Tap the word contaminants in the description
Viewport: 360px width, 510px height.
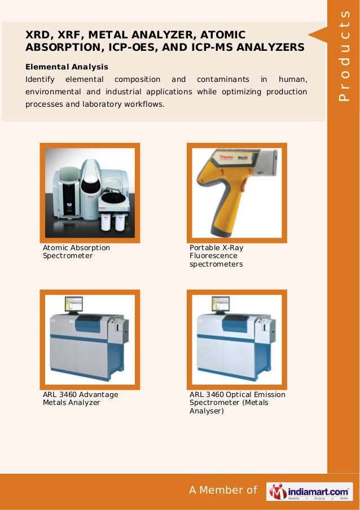pyautogui.click(x=221, y=80)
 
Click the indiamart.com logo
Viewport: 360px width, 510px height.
pyautogui.click(x=310, y=491)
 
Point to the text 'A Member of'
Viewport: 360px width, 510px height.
pyautogui.click(x=223, y=490)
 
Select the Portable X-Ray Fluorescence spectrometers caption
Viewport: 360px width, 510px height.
pyautogui.click(x=216, y=256)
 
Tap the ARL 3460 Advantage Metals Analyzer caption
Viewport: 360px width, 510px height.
pyautogui.click(x=80, y=399)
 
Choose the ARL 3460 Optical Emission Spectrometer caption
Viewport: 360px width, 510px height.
pyautogui.click(x=237, y=403)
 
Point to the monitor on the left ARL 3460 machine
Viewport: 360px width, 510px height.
pyautogui.click(x=73, y=306)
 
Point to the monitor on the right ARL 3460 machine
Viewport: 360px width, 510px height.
pyautogui.click(x=219, y=306)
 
